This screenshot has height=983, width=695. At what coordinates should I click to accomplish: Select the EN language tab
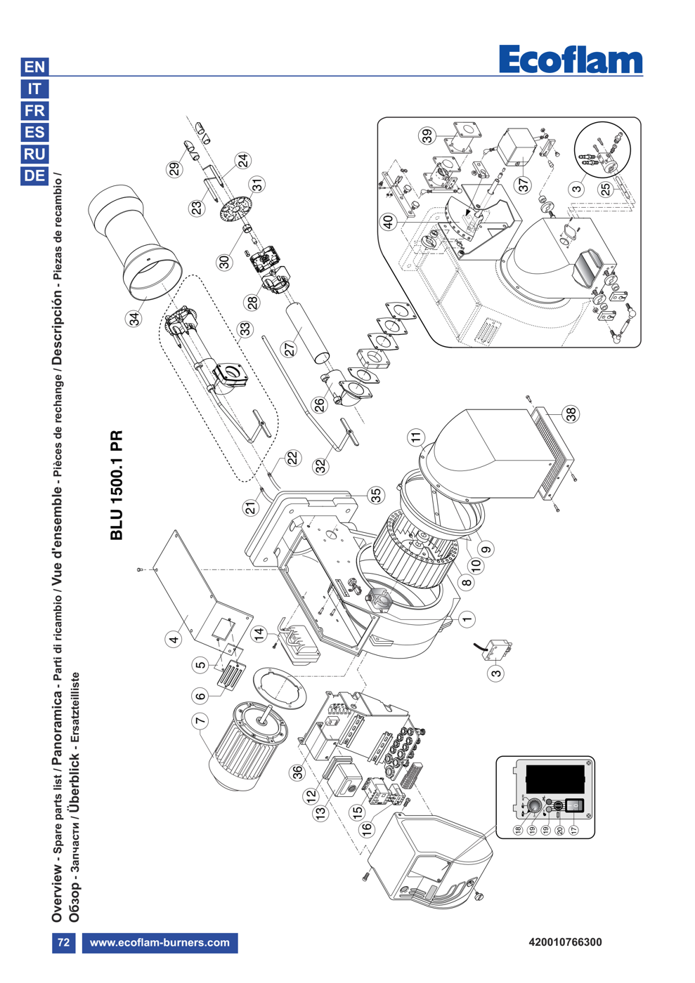coord(34,67)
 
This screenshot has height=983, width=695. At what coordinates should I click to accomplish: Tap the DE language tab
coord(34,176)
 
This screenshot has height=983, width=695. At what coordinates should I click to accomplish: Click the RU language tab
coord(34,154)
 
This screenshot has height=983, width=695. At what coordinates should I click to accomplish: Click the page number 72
coord(64,942)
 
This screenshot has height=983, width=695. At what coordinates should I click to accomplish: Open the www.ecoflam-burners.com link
coord(160,942)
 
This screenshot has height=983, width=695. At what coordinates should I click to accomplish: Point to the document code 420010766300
coord(566,942)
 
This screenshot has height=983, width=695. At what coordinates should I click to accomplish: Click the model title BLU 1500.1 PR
coord(117,484)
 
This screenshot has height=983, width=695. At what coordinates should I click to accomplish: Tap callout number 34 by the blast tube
coord(134,319)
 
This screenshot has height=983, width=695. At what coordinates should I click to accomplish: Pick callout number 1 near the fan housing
coord(467,619)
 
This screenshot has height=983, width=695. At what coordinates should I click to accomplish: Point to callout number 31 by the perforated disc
coord(258,185)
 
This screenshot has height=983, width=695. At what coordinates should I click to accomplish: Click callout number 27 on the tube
coord(290,350)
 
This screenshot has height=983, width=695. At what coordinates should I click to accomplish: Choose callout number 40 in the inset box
coord(389,221)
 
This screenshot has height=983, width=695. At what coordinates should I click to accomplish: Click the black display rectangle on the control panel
coord(555,779)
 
